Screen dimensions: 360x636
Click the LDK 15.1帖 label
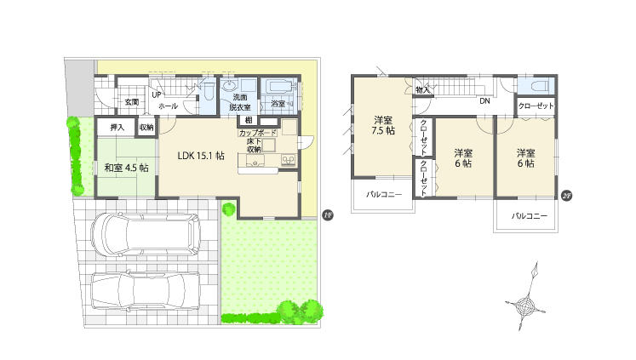pos(201,156)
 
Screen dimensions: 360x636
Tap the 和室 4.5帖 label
pos(126,168)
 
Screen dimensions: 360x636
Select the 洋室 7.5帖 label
pos(382,124)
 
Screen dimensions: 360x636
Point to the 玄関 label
pos(131,102)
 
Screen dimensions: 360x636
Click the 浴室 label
pos(278,103)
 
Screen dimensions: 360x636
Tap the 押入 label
pos(117,128)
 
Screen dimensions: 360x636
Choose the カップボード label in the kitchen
pos(257,134)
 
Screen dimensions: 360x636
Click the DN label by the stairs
pos(484,101)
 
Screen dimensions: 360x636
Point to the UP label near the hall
pos(157,94)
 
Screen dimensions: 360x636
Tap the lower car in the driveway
pos(145,291)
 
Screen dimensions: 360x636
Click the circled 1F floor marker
pos(327,214)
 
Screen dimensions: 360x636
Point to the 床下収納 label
pos(254,146)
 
